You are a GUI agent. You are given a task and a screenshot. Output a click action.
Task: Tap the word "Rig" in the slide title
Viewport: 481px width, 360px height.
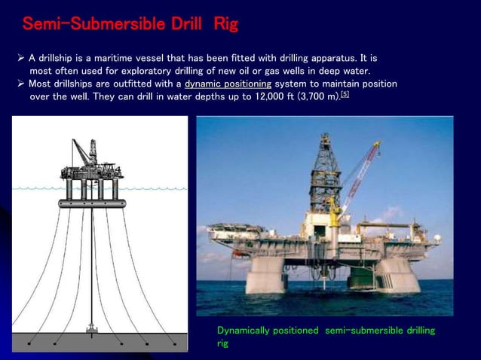click(225, 25)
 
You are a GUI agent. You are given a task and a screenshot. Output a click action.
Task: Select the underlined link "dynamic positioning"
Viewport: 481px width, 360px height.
click(228, 84)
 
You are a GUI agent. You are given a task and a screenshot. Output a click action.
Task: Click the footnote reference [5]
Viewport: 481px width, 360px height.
click(345, 95)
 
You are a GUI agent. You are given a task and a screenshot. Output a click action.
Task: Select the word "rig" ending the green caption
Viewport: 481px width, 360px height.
click(224, 343)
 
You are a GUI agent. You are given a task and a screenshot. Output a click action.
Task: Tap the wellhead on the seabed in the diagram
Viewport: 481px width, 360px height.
click(92, 329)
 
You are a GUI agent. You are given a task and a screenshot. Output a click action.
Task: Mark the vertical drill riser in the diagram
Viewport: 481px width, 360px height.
click(92, 264)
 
